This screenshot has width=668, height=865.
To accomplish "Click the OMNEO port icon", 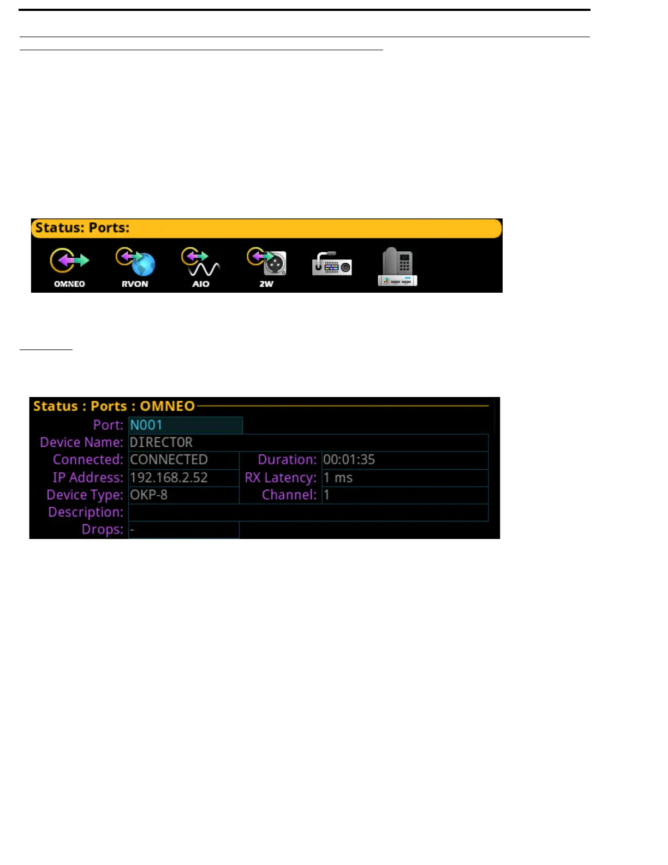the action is point(69,262).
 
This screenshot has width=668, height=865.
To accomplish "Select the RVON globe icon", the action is point(135,262).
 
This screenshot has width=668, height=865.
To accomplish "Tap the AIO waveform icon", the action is point(200,262).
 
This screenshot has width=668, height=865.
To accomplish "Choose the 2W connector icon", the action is point(266,262).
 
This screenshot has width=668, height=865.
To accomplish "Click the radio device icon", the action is point(332,264).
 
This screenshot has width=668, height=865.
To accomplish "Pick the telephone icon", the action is point(397,266).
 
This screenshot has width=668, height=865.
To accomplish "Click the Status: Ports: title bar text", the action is point(82,228).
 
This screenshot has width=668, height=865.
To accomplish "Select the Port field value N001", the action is point(146,425).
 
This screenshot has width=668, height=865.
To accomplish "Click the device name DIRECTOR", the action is point(161,442).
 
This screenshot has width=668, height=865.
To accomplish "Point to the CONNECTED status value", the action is point(169,460).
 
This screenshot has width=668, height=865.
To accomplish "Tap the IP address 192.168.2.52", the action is point(169,478).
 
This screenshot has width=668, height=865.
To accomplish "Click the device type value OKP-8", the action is point(148,495).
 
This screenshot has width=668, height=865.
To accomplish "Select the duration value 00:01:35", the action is point(349,460).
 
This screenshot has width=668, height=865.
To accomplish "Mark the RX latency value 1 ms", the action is point(338,478).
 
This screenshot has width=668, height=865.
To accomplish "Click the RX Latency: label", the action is point(281,478).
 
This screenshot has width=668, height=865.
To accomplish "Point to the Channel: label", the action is point(289,495).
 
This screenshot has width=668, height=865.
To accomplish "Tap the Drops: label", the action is point(102,530).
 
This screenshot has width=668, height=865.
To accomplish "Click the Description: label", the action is point(86,512).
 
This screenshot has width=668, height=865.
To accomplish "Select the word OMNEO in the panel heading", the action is point(167,406).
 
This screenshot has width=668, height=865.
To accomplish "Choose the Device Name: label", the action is point(81,442).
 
